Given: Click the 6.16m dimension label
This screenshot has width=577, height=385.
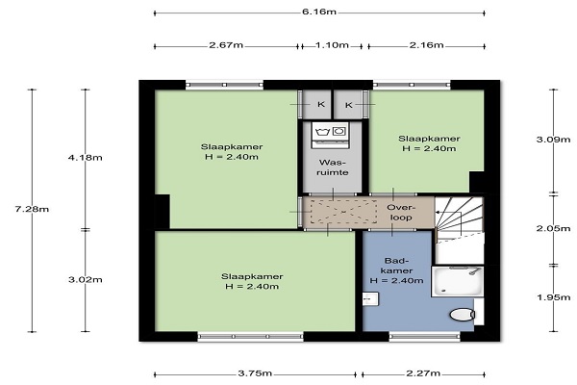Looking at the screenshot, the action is [319, 12].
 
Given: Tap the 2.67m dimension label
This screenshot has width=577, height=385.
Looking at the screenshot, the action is [226, 45].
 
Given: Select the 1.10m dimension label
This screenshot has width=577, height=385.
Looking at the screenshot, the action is [332, 45].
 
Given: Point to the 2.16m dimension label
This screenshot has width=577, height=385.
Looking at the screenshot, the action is [426, 45].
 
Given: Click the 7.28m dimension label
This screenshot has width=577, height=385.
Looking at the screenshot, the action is [32, 209].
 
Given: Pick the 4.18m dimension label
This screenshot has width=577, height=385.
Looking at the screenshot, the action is [86, 158].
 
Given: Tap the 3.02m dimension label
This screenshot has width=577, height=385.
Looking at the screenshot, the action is [86, 280].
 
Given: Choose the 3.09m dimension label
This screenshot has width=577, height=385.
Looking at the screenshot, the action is [554, 140].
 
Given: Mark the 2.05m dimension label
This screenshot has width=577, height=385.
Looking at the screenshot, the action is [554, 228].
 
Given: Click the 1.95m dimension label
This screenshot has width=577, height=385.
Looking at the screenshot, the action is [554, 297].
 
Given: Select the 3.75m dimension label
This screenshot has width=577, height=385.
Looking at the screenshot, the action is [255, 373].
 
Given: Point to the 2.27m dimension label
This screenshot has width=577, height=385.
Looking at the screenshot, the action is [423, 373].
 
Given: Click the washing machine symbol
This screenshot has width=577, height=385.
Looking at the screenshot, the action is [331, 135].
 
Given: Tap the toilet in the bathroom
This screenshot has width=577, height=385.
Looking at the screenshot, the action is [463, 315].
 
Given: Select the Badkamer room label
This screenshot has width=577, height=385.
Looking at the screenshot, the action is [396, 270].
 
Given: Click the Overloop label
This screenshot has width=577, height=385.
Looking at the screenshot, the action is [401, 213].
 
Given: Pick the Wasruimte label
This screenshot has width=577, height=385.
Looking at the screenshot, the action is [333, 167].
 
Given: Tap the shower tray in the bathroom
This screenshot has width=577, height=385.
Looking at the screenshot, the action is [458, 281].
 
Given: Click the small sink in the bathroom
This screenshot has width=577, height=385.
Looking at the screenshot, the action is [370, 298].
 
